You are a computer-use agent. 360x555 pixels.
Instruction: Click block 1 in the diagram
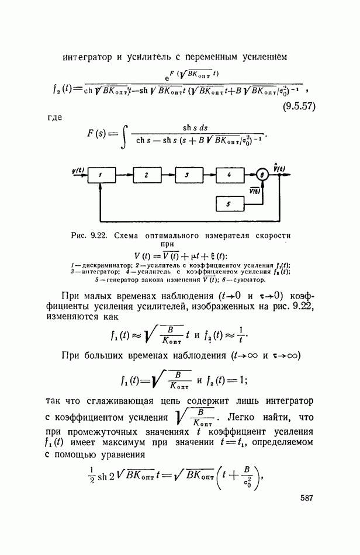[101, 175]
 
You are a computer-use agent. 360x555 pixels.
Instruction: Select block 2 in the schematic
[147, 175]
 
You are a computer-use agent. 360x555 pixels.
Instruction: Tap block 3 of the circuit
[189, 175]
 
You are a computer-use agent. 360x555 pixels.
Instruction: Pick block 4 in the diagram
[230, 175]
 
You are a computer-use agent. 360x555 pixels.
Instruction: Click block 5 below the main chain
[230, 204]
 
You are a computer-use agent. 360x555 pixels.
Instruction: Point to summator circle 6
[262, 175]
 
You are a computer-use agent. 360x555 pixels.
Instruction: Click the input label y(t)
[78, 170]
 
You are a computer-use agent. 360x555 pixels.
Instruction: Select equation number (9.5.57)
[299, 106]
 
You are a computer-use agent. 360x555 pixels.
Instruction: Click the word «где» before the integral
[54, 117]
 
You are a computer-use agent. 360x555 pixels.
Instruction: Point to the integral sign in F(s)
[123, 135]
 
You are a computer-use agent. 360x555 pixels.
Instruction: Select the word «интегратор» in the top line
[87, 58]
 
